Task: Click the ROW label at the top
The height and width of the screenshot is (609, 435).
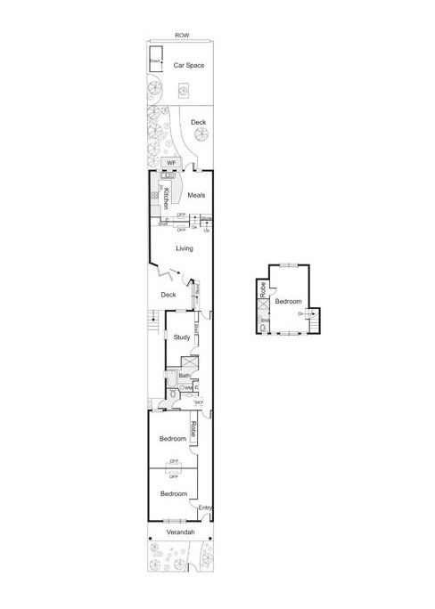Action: [x=182, y=35]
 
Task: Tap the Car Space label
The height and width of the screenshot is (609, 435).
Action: [x=189, y=66]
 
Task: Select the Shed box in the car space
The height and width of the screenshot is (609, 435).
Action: [x=155, y=61]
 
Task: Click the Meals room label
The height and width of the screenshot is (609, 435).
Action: [x=196, y=195]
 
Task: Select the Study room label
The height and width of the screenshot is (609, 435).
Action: [x=182, y=337]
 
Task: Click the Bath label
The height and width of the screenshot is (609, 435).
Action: [x=184, y=376]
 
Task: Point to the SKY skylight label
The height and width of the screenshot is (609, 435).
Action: [x=199, y=403]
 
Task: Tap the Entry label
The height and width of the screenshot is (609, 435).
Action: [x=205, y=508]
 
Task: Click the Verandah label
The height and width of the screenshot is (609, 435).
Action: [x=181, y=532]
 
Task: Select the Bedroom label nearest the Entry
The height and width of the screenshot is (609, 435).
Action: [x=173, y=493]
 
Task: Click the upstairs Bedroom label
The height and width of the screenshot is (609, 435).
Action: [x=287, y=302]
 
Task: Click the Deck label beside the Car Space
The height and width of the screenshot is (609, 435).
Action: [x=198, y=122]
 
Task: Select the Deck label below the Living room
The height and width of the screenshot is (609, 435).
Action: [x=168, y=295]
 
